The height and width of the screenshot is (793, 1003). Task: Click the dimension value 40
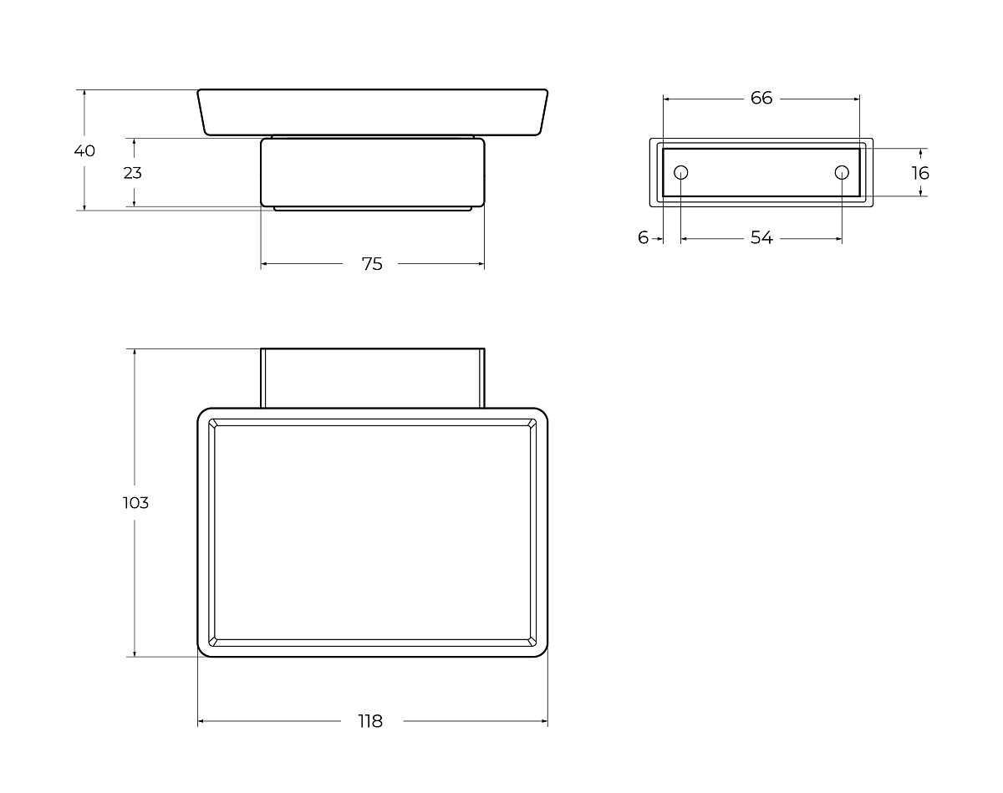point(84,150)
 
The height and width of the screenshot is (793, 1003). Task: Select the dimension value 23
point(132,173)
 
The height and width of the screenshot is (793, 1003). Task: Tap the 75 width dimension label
point(372,264)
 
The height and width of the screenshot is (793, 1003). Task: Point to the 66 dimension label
point(761,98)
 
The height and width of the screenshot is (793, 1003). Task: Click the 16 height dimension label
point(920,173)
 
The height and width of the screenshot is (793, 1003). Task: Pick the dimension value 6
point(644,237)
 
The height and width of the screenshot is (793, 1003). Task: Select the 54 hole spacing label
point(761,237)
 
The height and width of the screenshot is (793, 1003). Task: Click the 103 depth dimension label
point(135,503)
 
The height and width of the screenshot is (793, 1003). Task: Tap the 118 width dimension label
point(370,721)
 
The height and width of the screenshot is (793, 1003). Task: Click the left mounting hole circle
point(681,172)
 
